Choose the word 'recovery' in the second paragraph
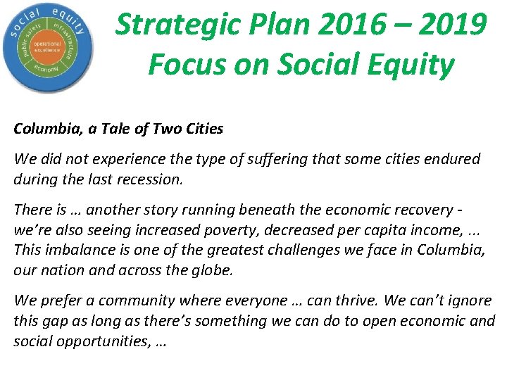[x=420, y=210]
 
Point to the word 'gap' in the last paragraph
[x=52, y=321]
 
